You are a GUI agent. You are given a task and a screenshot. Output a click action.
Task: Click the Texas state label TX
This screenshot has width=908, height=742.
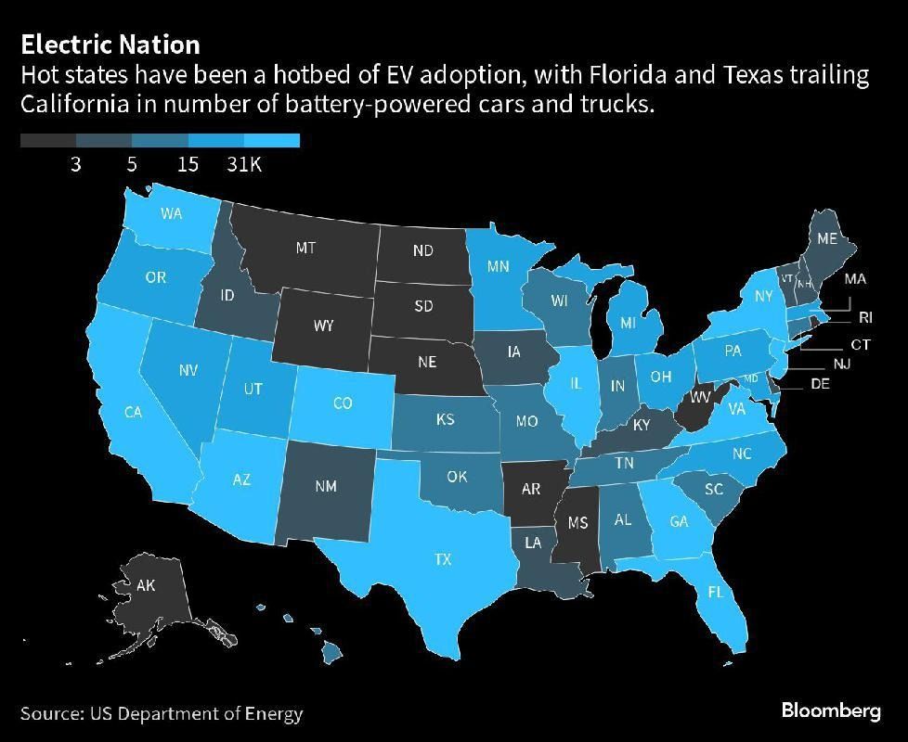(443, 559)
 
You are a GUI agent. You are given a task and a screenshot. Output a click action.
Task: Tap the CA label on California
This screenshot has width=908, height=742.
(134, 412)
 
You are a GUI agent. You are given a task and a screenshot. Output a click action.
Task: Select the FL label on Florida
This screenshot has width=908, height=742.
(715, 592)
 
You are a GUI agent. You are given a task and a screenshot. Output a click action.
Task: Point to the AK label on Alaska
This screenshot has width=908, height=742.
(146, 585)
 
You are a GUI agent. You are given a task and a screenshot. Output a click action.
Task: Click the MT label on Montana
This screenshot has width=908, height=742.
(305, 248)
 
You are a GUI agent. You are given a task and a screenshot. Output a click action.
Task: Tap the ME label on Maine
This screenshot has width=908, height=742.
(826, 238)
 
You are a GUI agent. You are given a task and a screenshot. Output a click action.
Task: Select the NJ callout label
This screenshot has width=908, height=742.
(841, 364)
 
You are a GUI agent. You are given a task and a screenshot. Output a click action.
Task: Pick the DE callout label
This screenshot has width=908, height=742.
(820, 384)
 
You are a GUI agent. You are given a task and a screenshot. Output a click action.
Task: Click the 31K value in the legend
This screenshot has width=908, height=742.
(244, 164)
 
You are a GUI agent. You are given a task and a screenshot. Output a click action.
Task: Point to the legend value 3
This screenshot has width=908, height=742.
(75, 164)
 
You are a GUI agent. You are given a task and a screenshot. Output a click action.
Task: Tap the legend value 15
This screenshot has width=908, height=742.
(188, 164)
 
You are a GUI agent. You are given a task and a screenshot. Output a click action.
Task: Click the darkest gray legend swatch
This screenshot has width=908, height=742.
(48, 141)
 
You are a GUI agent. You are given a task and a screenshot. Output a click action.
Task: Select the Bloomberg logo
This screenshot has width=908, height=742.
(830, 711)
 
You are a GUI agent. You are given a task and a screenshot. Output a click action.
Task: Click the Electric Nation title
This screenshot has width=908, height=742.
(110, 44)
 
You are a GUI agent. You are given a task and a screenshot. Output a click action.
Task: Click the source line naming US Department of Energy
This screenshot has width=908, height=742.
(162, 713)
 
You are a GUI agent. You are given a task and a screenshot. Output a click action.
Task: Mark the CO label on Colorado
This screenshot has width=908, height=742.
(343, 403)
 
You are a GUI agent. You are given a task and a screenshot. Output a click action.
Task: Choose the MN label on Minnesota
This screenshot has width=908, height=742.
(498, 266)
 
